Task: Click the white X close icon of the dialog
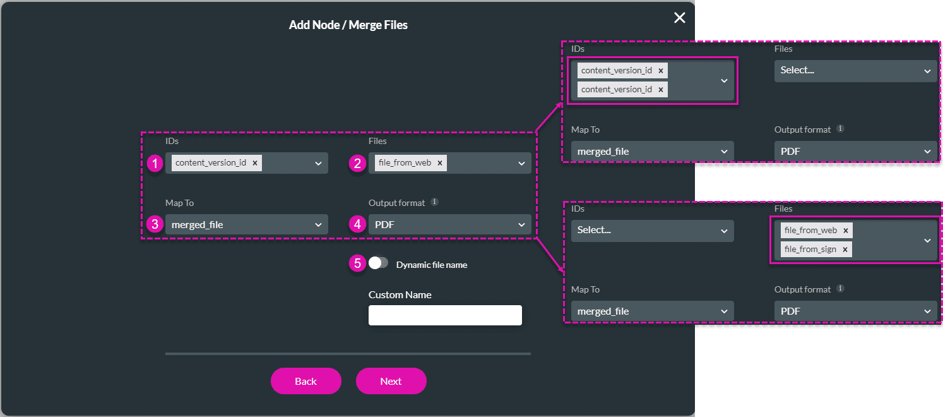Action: pos(679,18)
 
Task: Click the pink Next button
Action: pos(391,381)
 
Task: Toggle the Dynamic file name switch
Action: pos(379,263)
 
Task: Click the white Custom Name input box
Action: pos(445,315)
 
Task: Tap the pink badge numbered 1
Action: pos(155,164)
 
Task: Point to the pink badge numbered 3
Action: pos(155,224)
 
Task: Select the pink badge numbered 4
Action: pos(358,224)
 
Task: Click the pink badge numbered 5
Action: pos(358,263)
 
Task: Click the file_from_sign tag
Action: pos(810,250)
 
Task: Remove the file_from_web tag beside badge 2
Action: pos(440,163)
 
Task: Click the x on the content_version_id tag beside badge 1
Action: pos(255,163)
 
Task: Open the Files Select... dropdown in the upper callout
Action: pos(855,71)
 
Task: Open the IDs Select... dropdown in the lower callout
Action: pos(652,231)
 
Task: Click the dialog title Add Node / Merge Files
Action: pos(348,25)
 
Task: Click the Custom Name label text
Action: pos(400,295)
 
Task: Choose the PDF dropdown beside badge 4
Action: pos(449,224)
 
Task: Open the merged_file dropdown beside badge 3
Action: pos(246,224)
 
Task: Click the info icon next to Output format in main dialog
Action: pos(434,203)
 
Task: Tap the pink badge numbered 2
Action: pos(358,164)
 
